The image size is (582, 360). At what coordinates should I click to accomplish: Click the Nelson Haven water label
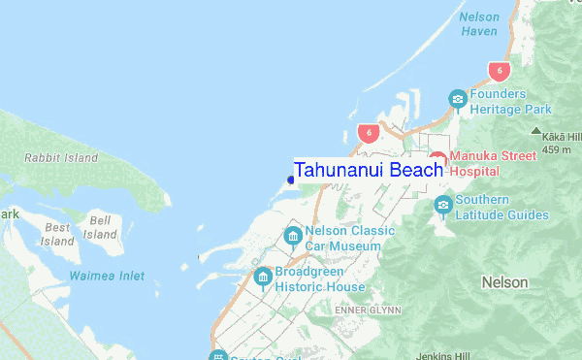tap(478, 24)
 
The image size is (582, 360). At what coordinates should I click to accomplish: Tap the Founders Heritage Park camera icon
tap(458, 99)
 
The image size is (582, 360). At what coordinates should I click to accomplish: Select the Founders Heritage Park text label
tap(510, 102)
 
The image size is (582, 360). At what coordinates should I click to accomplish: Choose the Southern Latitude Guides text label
tap(502, 209)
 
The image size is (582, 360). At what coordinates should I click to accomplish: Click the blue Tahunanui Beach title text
tap(369, 170)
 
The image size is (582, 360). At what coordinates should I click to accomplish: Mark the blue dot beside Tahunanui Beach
tap(291, 179)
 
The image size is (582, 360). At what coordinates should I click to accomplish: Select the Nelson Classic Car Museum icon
tap(293, 237)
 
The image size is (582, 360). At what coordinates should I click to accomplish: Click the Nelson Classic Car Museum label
tap(349, 239)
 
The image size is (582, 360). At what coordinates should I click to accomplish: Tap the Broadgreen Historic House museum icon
tap(262, 278)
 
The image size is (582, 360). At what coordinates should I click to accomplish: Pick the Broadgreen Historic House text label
tap(319, 279)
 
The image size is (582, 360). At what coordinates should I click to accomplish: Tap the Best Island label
tap(58, 234)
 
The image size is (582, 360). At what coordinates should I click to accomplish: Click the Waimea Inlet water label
tap(107, 277)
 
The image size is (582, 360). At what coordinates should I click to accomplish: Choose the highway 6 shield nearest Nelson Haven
tap(499, 71)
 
